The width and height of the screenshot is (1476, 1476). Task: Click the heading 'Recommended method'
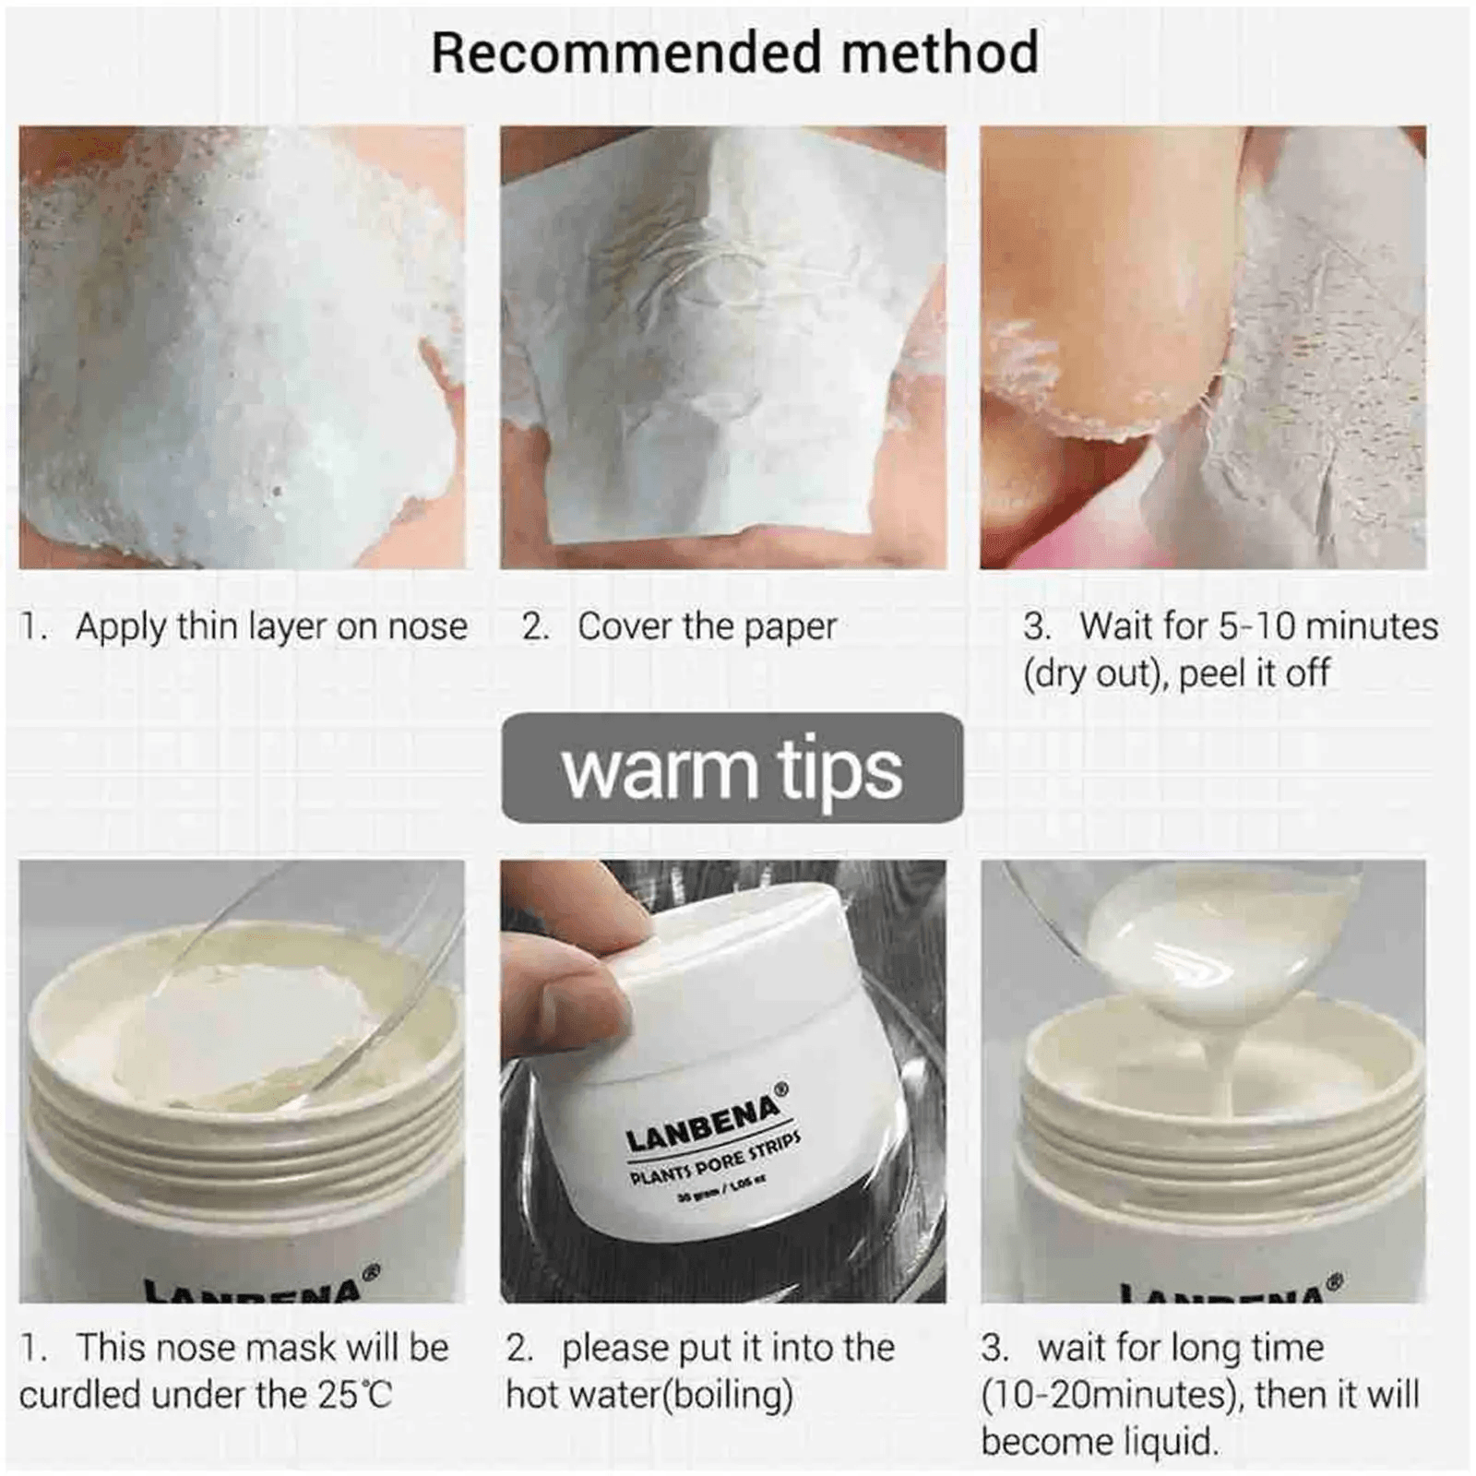point(734,53)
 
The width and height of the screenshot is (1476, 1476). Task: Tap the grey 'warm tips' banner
point(732,768)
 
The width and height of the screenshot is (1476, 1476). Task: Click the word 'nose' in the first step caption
point(427,626)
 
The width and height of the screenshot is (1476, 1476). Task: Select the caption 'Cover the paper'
point(707,626)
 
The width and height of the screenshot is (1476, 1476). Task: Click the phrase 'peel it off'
point(1254,673)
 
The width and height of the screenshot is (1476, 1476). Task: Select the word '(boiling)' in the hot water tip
point(728,1395)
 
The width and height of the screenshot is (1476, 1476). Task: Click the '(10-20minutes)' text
point(1108,1395)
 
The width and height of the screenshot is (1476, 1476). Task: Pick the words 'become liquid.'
point(1099,1442)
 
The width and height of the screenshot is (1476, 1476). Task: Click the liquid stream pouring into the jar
point(1218,1061)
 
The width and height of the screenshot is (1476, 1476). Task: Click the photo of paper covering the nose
point(722,347)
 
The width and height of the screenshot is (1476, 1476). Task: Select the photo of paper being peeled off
point(1202,347)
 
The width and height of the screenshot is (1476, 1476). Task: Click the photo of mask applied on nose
point(242,347)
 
